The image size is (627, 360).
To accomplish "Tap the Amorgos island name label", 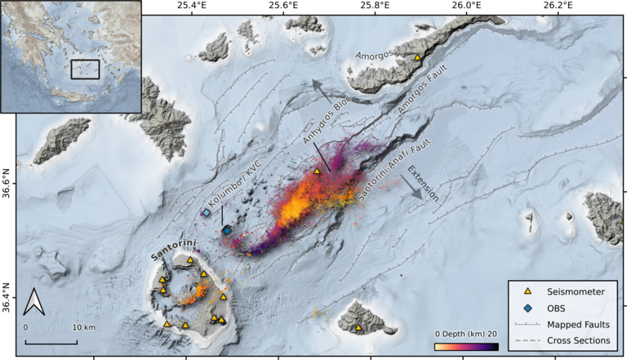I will (377, 56).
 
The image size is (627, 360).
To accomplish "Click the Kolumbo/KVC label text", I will (236, 179).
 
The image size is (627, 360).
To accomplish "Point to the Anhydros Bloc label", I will (319, 123).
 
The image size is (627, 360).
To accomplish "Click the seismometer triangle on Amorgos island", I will (417, 58).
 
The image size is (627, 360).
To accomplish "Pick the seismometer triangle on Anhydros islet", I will (318, 171).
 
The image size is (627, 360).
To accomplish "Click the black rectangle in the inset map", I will (85, 69).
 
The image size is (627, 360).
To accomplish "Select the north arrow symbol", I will (33, 302).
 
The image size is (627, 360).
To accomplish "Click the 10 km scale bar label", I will (83, 327).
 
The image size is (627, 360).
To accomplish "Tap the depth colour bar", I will (465, 346).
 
